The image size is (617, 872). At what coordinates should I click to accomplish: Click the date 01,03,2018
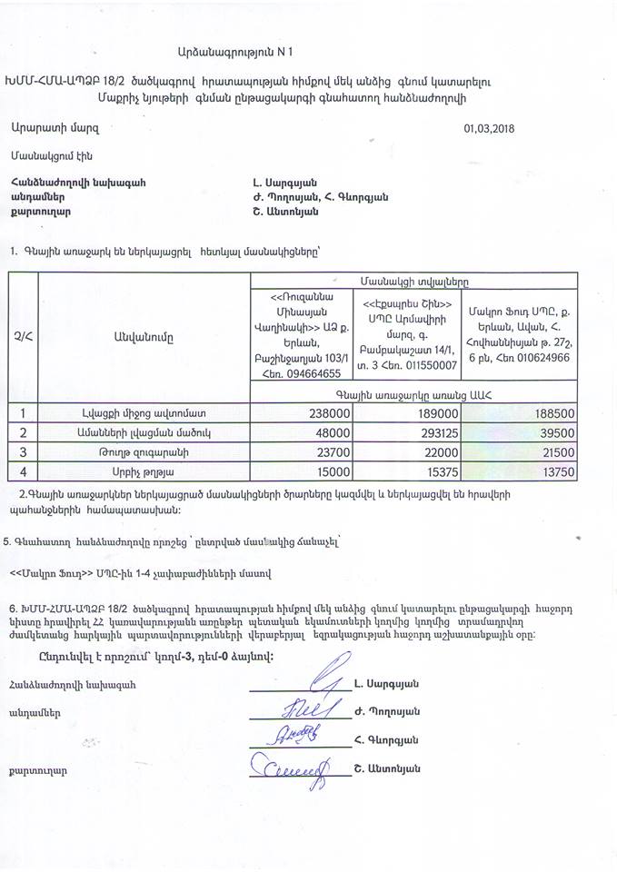[x=488, y=127]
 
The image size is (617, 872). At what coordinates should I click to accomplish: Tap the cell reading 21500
[x=579, y=451]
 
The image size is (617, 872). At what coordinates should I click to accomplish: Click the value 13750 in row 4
[x=579, y=471]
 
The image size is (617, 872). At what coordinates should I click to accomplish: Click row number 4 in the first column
[x=22, y=471]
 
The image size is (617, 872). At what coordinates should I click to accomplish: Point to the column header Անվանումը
[x=144, y=337]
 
